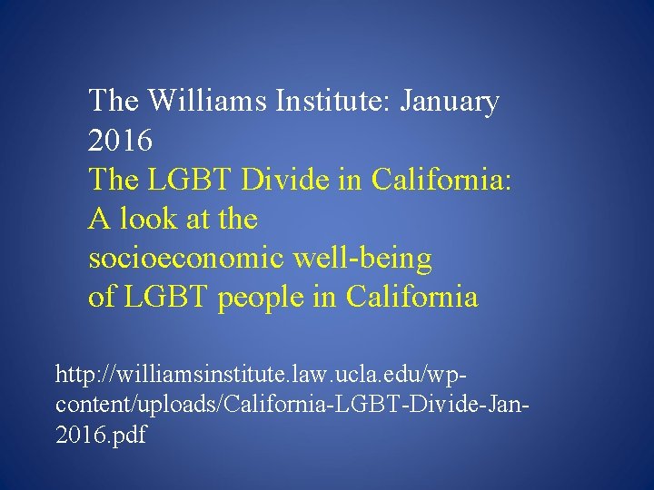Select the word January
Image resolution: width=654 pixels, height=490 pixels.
coord(445,101)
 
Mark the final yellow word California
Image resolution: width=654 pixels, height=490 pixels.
coord(411,298)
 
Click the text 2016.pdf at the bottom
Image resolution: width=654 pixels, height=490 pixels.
coord(101,434)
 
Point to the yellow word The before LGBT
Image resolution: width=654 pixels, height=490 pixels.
coord(115,180)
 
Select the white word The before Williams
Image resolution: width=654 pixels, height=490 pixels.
coord(115,101)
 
